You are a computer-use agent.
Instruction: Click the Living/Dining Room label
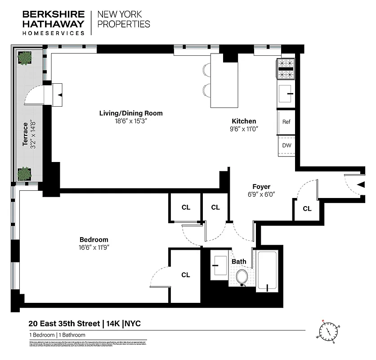(131, 113)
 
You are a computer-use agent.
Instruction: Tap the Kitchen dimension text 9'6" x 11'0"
(244, 129)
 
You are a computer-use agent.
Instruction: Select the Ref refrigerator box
(286, 121)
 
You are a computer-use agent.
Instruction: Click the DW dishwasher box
(286, 145)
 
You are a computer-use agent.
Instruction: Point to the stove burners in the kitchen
(286, 69)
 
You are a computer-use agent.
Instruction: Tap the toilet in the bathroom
(242, 277)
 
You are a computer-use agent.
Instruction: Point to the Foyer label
(261, 187)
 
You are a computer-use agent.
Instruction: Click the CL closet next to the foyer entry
(307, 209)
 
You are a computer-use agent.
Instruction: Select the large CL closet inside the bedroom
(185, 275)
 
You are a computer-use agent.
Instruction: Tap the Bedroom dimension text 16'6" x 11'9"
(94, 247)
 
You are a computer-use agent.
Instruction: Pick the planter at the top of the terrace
(25, 58)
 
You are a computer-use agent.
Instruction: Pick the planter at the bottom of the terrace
(24, 173)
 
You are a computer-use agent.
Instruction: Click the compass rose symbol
(329, 331)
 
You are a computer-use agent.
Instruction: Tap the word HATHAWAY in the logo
(53, 24)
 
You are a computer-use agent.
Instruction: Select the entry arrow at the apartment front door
(360, 184)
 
